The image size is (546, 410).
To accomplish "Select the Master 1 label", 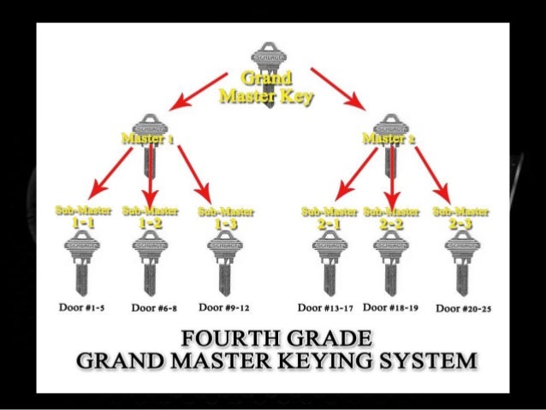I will pyautogui.click(x=148, y=138).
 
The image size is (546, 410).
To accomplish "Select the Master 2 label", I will pyautogui.click(x=389, y=138).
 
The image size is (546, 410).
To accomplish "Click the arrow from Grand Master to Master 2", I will pyautogui.click(x=337, y=89).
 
